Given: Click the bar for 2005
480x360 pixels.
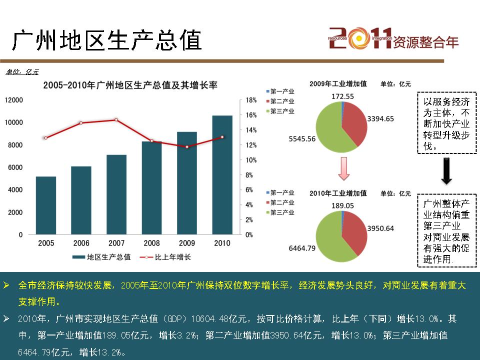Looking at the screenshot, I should [46, 205].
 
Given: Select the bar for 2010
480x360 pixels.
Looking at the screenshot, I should [222, 175].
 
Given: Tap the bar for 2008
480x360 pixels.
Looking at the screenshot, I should [151, 187].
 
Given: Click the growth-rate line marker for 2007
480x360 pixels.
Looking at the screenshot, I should [116, 120].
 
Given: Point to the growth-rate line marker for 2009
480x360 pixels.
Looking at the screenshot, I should [187, 147].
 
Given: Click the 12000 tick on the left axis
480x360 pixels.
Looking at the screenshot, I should [13, 100].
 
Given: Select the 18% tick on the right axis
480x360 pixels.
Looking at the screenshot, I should [251, 100].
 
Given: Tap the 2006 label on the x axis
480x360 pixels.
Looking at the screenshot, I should [81, 243].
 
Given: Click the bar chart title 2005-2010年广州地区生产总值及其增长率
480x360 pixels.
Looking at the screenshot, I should [130, 85].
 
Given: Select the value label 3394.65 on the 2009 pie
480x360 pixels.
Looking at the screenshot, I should [380, 118].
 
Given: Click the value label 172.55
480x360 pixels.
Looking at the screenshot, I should [342, 96].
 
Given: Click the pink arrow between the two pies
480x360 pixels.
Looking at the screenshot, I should [342, 168].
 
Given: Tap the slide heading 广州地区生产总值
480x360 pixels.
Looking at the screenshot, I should [107, 40].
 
